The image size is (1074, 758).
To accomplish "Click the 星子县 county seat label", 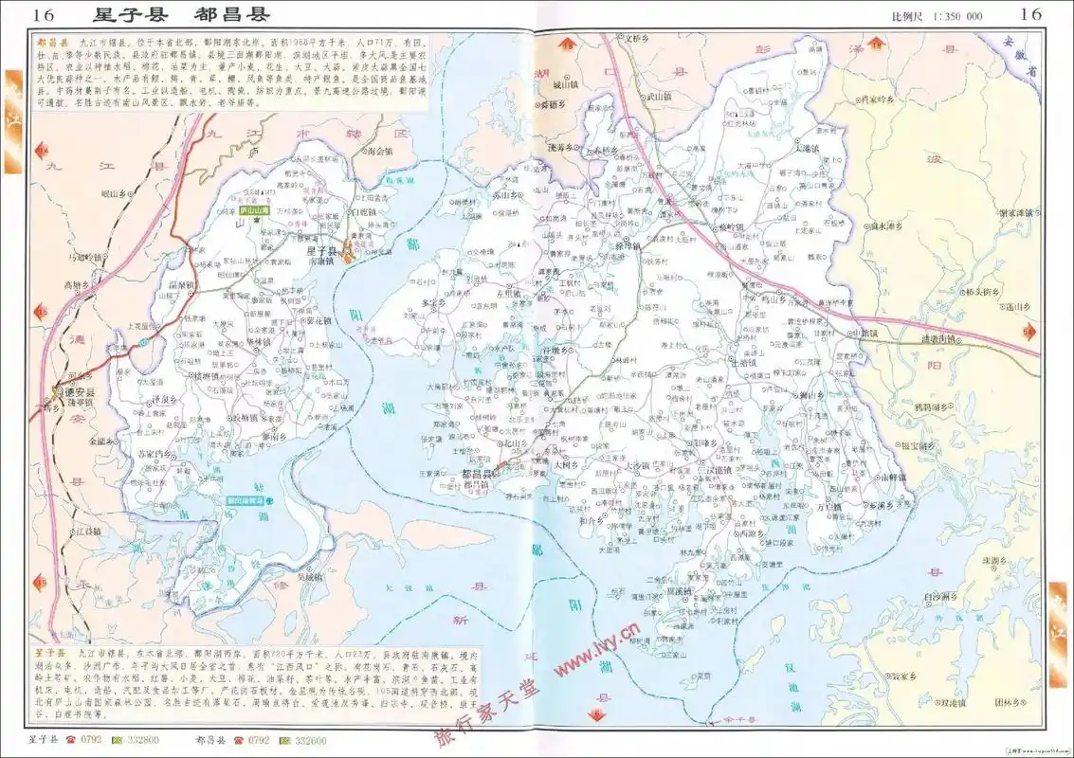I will click(x=322, y=251).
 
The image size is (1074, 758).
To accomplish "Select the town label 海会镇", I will click(x=377, y=151).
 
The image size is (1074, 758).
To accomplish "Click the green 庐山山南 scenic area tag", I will click(x=253, y=212).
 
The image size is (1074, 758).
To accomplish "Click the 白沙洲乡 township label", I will click(x=941, y=596).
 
